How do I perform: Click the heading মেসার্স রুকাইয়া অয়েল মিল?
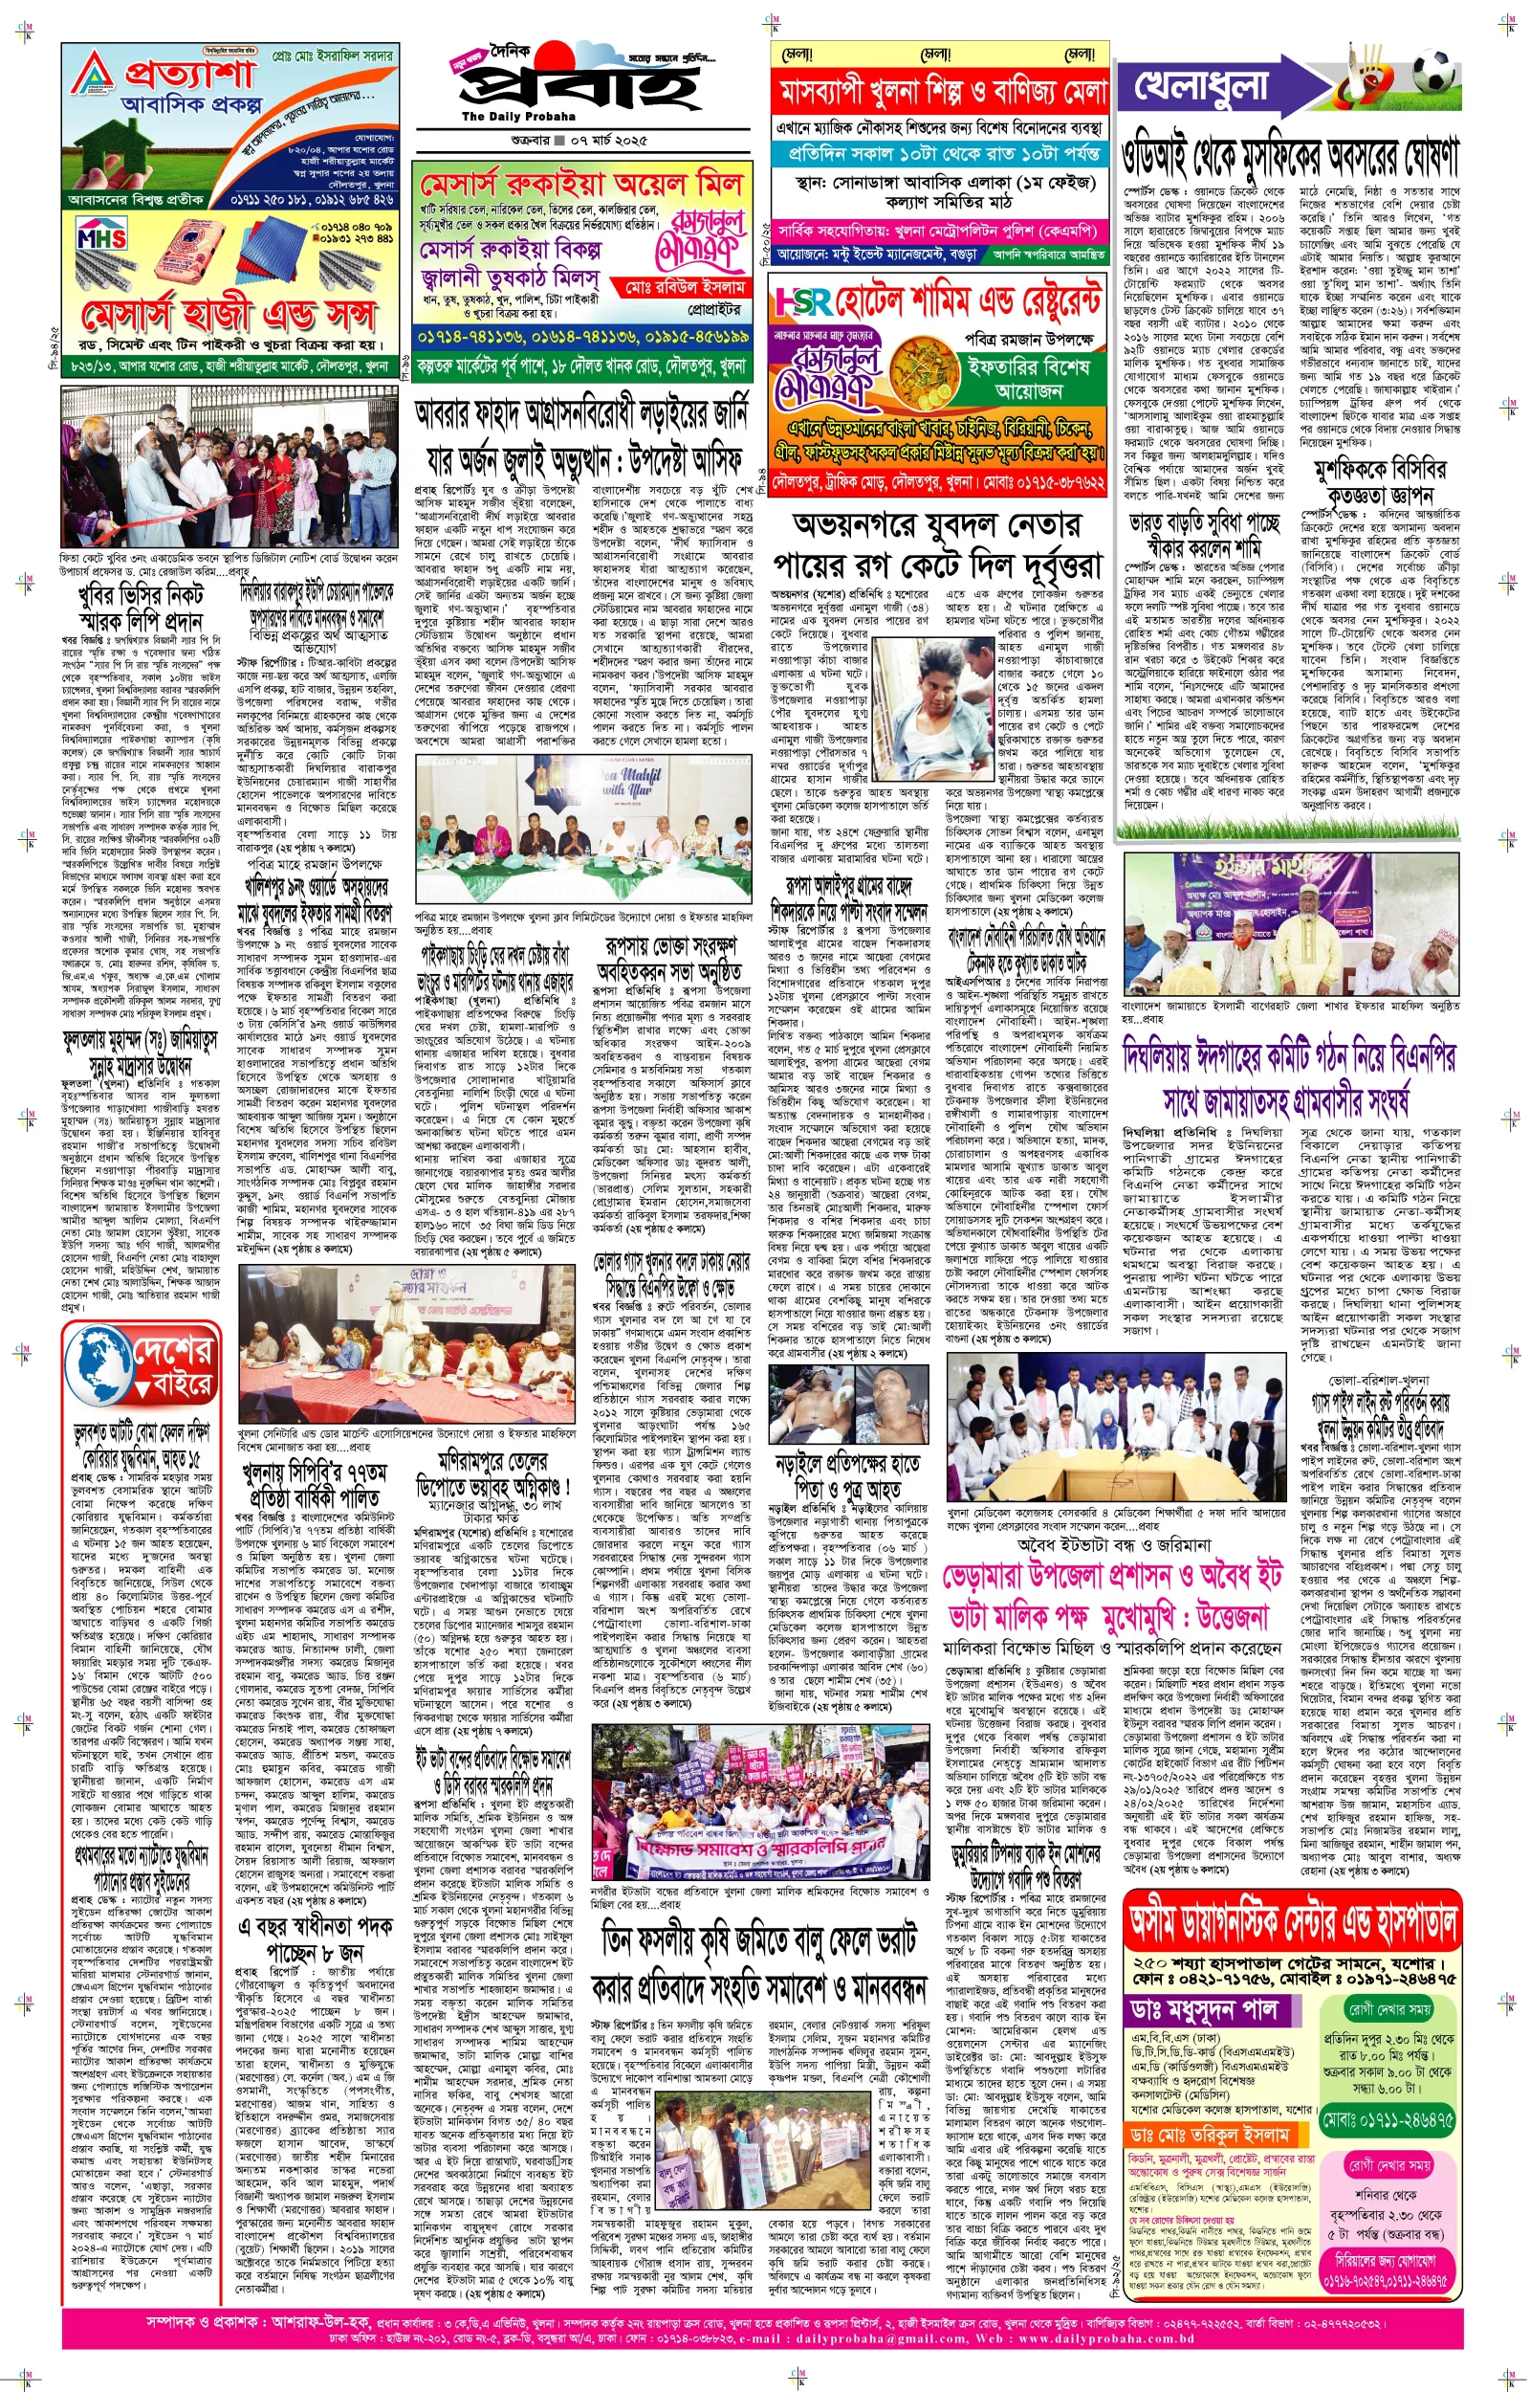click(581, 185)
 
